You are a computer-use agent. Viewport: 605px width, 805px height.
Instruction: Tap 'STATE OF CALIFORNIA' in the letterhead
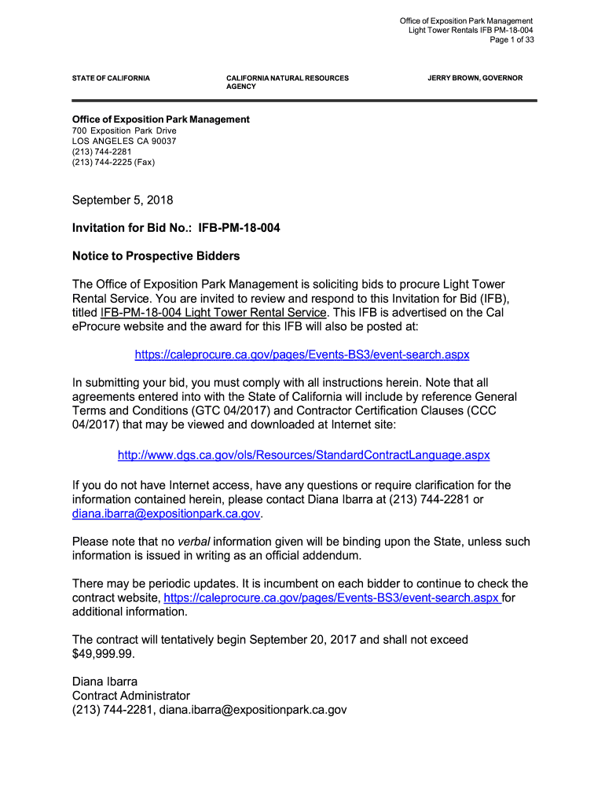pos(111,79)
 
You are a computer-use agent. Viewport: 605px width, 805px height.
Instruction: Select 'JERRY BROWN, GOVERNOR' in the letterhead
pos(475,79)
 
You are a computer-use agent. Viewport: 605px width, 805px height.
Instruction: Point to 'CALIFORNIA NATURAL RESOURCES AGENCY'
pos(287,83)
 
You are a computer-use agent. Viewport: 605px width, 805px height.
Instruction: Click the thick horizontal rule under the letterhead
pos(304,101)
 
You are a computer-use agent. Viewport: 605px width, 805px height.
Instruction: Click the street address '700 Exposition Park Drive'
pos(124,130)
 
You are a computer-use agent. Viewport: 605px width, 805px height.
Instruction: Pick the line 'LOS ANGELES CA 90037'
pos(124,142)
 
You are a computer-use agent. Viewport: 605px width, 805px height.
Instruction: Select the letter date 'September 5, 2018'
pos(123,200)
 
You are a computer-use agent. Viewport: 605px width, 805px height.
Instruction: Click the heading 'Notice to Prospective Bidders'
pos(156,256)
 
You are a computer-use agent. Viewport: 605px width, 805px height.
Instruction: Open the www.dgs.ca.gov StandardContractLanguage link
pos(303,455)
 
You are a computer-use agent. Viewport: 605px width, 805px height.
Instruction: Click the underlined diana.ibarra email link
pos(166,514)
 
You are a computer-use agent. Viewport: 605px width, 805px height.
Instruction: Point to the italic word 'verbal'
pos(193,542)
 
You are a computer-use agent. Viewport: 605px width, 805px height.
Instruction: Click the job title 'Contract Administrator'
pos(131,696)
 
